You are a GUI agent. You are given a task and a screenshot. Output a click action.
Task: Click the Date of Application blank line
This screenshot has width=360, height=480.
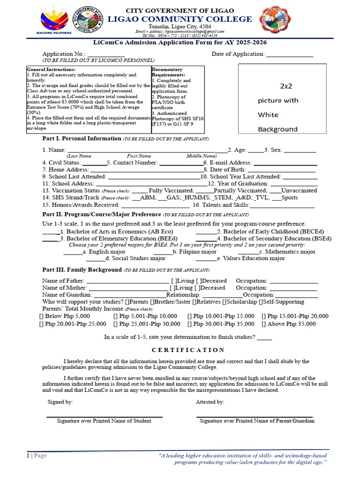pos(289,55)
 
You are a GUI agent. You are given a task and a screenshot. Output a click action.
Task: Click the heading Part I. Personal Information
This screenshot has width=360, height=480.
pos(82,139)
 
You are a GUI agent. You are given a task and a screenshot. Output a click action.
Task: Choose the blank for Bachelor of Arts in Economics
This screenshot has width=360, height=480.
pos(50,232)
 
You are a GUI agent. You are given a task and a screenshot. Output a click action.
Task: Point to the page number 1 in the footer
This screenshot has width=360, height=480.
pos(28,456)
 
